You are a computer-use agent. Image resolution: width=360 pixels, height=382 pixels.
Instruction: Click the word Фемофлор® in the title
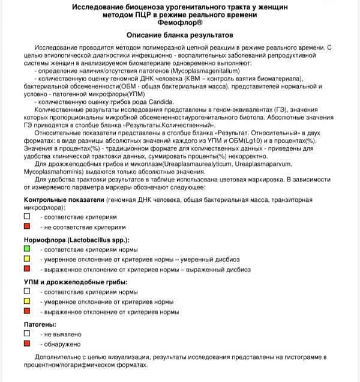[x=180, y=22]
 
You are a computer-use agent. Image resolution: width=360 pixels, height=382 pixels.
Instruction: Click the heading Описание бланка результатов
[x=180, y=35]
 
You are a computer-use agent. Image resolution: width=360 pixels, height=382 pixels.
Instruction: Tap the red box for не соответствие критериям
[x=27, y=227]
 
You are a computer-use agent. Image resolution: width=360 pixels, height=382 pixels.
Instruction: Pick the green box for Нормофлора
[x=27, y=249]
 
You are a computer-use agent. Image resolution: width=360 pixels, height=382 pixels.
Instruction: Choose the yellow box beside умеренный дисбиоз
[x=27, y=259]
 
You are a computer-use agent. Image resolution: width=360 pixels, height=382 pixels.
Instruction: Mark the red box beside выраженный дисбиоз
[x=27, y=270]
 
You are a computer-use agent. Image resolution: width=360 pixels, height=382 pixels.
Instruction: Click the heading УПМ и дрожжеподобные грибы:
[x=75, y=282]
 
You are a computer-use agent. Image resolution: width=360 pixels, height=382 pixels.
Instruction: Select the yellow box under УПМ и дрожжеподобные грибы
[x=27, y=302]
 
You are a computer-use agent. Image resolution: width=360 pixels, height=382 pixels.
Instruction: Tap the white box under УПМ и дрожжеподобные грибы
[x=27, y=291]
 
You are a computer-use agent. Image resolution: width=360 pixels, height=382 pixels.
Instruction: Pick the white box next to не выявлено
[x=27, y=333]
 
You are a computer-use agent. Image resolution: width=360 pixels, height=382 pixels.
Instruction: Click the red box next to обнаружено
[x=27, y=344]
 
